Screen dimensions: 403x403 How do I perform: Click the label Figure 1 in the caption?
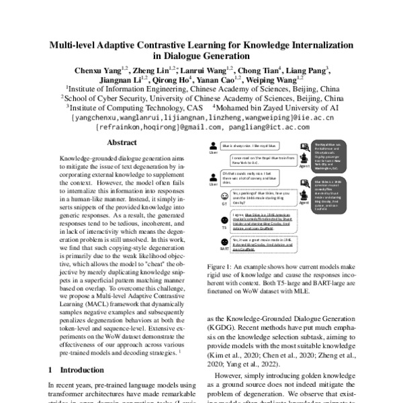222,265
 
